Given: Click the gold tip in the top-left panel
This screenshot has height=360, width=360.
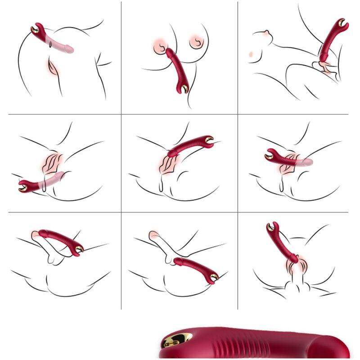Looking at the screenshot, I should [x=35, y=30].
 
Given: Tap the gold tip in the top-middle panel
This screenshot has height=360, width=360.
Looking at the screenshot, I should [x=184, y=89].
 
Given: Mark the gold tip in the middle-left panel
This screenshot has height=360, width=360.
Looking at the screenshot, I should [x=22, y=185].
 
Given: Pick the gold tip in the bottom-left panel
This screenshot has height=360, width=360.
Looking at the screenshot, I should [x=79, y=249].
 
